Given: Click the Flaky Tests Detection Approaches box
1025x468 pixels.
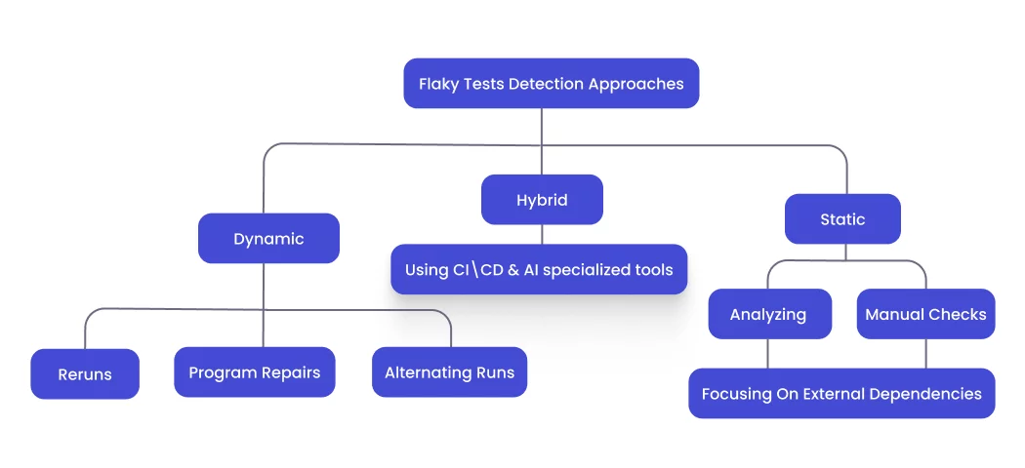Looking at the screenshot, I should coord(551,84).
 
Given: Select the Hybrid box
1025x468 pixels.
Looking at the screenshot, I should coord(542,200).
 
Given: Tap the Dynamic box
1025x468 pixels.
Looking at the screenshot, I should coord(268,239).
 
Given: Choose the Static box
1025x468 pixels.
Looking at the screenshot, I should coord(842,219).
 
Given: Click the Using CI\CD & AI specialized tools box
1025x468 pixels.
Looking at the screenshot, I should coord(539,269).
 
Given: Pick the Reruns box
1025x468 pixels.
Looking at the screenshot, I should coord(85,374).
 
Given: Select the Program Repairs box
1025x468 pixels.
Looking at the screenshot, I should coord(254,372).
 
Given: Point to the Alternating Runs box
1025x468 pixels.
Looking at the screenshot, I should coord(449,372).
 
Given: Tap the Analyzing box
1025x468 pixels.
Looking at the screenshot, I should coord(768,314).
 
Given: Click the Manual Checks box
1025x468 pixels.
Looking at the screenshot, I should coord(925,314).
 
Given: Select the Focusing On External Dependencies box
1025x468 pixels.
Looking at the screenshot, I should coord(841,394).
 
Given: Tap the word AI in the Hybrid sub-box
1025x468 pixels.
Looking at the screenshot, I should coord(530,269).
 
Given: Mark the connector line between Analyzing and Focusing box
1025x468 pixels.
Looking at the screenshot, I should coord(768,353).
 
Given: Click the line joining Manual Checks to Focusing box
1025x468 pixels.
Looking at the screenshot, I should coord(925,353).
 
